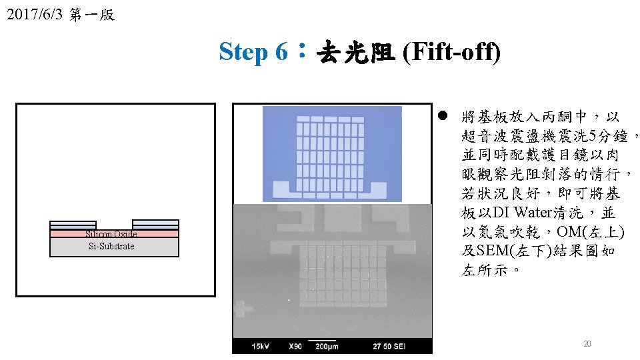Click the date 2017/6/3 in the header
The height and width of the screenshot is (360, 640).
click(x=35, y=14)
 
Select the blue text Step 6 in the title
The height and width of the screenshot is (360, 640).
click(x=253, y=52)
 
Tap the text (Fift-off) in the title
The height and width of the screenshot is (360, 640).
click(x=451, y=52)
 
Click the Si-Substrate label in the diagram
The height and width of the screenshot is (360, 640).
click(x=111, y=246)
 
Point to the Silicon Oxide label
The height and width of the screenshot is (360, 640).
click(x=111, y=234)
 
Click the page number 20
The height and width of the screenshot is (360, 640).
click(x=587, y=344)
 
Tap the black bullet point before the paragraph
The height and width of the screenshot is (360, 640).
click(x=443, y=115)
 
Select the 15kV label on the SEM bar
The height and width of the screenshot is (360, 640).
click(x=260, y=347)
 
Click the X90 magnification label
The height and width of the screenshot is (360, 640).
click(x=295, y=347)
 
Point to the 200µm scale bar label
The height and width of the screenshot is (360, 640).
click(x=327, y=347)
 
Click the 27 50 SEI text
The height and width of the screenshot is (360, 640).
click(x=389, y=347)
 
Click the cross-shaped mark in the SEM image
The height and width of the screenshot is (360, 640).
click(x=243, y=308)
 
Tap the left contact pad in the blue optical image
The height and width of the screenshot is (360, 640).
click(x=281, y=190)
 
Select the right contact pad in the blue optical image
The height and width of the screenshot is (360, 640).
click(x=377, y=190)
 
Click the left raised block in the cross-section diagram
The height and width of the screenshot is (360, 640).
click(x=73, y=225)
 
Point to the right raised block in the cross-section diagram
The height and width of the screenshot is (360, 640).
click(x=155, y=225)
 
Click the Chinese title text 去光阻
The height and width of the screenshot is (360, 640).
click(x=356, y=52)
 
